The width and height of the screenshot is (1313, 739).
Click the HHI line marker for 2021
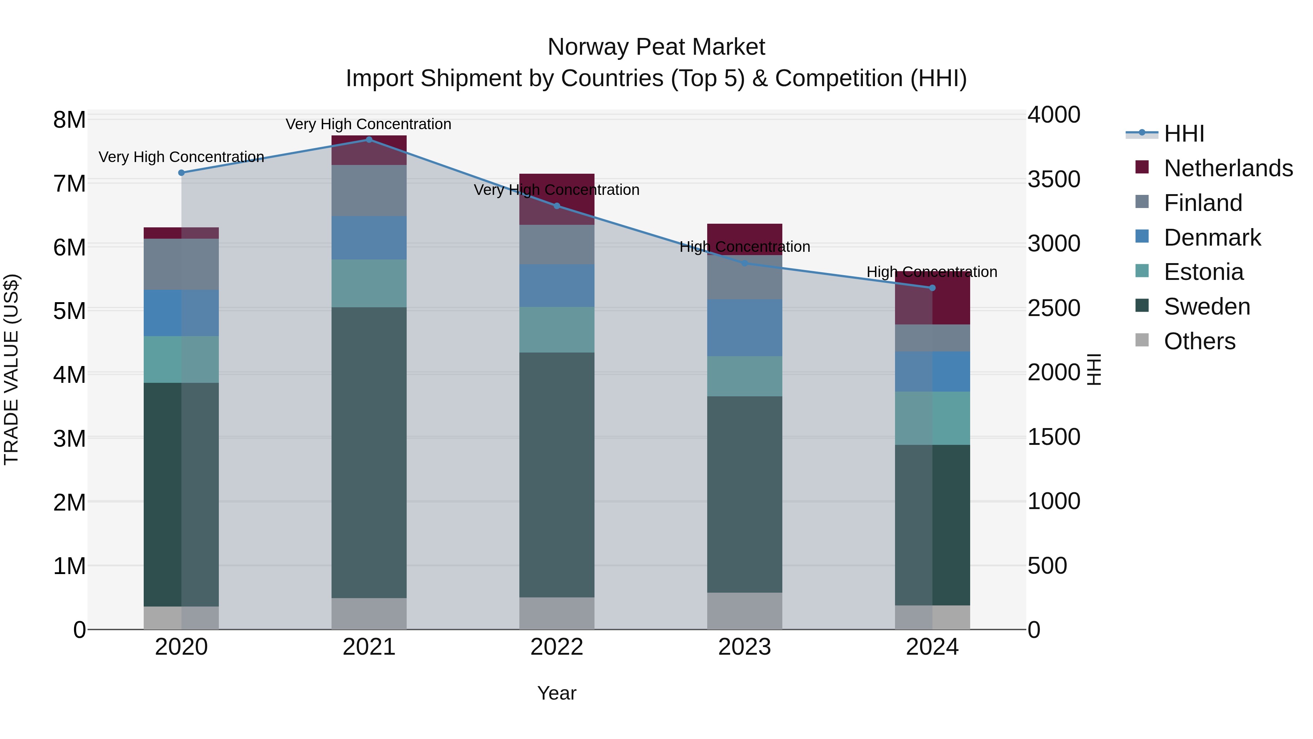pos(369,140)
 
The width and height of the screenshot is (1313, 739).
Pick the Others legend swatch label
pos(1199,341)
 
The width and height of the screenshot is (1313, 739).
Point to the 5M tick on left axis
pos(69,311)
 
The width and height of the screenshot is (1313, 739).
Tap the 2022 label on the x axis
pos(557,647)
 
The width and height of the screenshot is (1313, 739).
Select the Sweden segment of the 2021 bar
pos(369,453)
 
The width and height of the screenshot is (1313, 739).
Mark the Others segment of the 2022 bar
pos(557,613)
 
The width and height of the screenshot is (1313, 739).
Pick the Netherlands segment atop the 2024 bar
pos(932,299)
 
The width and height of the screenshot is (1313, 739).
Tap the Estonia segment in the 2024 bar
pos(932,418)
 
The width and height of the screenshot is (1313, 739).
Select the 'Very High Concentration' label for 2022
pos(557,190)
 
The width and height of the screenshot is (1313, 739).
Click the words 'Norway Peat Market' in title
pos(656,47)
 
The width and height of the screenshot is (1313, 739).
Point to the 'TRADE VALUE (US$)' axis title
pos(11,369)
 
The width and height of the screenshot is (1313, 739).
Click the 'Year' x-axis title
pos(557,693)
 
